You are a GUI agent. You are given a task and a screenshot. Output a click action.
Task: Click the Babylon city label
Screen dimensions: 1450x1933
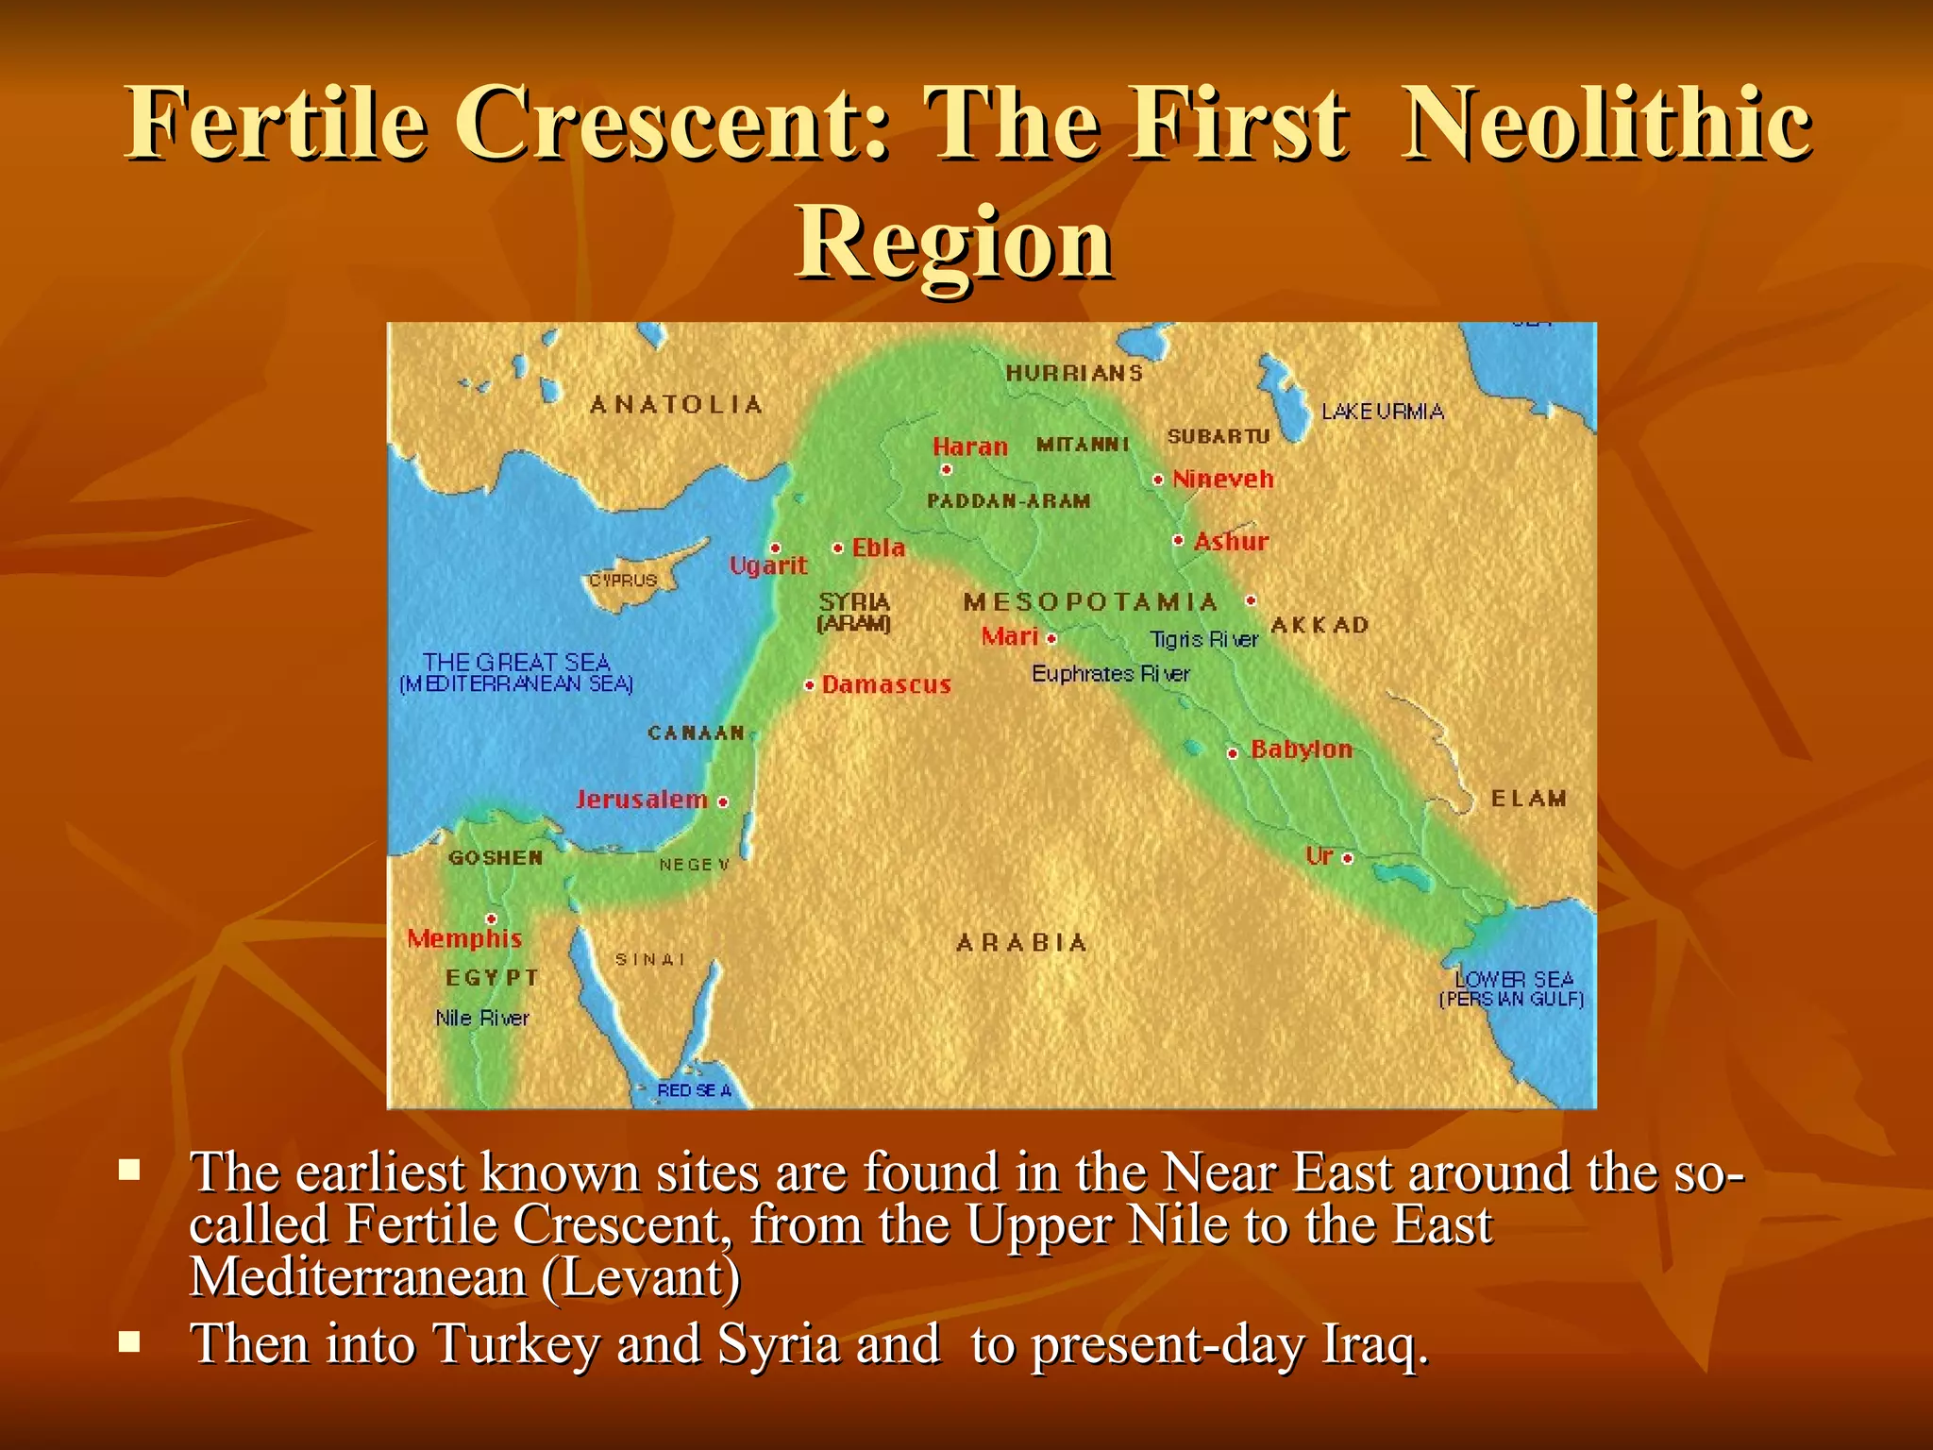1301,750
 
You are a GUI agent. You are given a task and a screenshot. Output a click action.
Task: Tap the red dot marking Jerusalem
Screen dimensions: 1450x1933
723,802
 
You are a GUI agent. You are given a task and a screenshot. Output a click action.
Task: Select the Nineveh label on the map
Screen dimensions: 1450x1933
1223,480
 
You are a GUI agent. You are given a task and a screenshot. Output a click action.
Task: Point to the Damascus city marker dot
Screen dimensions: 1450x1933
809,685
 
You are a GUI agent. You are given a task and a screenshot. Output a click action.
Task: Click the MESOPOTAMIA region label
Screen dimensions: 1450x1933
1090,602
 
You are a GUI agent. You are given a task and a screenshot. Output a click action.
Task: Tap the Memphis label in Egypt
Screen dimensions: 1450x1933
464,938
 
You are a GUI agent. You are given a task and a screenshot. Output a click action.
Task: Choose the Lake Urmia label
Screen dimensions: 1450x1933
1382,412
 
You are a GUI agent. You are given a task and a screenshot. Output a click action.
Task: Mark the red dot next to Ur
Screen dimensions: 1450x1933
1348,858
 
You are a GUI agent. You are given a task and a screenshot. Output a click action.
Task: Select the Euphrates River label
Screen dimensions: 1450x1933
1110,674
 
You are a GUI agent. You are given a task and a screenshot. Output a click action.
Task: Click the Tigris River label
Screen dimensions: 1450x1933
1204,640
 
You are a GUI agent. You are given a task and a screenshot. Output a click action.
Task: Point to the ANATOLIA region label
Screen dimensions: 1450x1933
676,405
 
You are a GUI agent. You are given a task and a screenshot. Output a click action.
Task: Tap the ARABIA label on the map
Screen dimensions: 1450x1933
1021,943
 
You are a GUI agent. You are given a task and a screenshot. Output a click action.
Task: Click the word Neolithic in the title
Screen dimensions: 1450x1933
1605,125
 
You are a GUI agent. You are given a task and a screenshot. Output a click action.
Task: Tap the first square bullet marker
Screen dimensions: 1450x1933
130,1172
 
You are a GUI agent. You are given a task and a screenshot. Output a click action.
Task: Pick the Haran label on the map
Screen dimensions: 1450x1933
969,447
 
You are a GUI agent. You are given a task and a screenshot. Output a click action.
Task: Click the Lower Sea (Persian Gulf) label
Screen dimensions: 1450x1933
1512,988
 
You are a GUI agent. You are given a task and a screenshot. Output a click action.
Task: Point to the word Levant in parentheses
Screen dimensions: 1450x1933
642,1278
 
